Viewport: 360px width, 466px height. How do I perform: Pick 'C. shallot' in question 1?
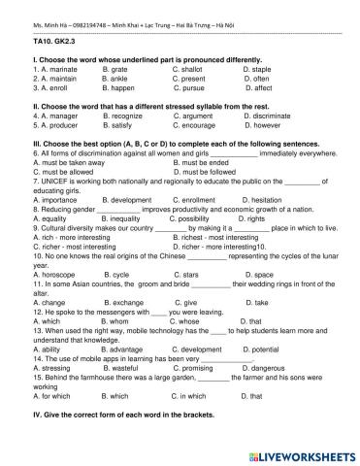click(x=189, y=70)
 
